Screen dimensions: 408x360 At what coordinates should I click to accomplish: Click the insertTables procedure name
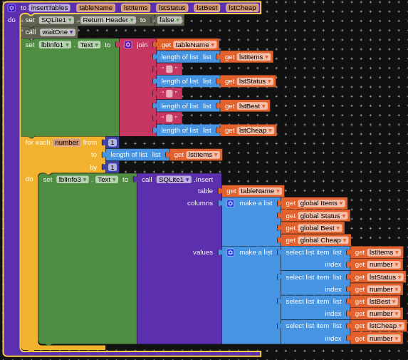(49, 8)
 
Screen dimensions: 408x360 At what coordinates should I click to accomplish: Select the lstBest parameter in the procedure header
(207, 8)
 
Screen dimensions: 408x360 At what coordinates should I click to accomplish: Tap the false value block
(169, 20)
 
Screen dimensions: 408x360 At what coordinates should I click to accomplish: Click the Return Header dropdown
(108, 20)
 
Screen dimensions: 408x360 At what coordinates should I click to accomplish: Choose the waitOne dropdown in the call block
(58, 32)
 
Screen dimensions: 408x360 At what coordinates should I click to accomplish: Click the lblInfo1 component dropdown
(55, 45)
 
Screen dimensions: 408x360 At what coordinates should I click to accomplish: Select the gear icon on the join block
(127, 45)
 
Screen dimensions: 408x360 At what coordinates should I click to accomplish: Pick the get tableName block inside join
(187, 45)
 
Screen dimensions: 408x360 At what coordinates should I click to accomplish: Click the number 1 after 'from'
(113, 143)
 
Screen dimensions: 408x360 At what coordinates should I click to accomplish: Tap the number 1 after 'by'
(113, 168)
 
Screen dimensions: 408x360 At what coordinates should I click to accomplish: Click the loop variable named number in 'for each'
(67, 143)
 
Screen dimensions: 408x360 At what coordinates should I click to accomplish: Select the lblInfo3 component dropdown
(73, 180)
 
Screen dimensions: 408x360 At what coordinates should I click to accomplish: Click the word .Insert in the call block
(204, 180)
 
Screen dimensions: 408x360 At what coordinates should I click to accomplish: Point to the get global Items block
(314, 203)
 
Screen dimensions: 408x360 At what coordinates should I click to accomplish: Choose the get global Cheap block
(316, 240)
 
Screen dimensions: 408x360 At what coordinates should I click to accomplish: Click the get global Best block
(313, 228)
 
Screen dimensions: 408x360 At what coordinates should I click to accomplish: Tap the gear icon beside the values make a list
(230, 252)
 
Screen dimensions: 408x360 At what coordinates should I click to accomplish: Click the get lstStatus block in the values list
(378, 277)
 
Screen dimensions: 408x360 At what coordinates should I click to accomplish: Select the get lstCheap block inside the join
(249, 130)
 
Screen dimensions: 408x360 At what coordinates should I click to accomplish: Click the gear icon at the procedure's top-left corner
(11, 8)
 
